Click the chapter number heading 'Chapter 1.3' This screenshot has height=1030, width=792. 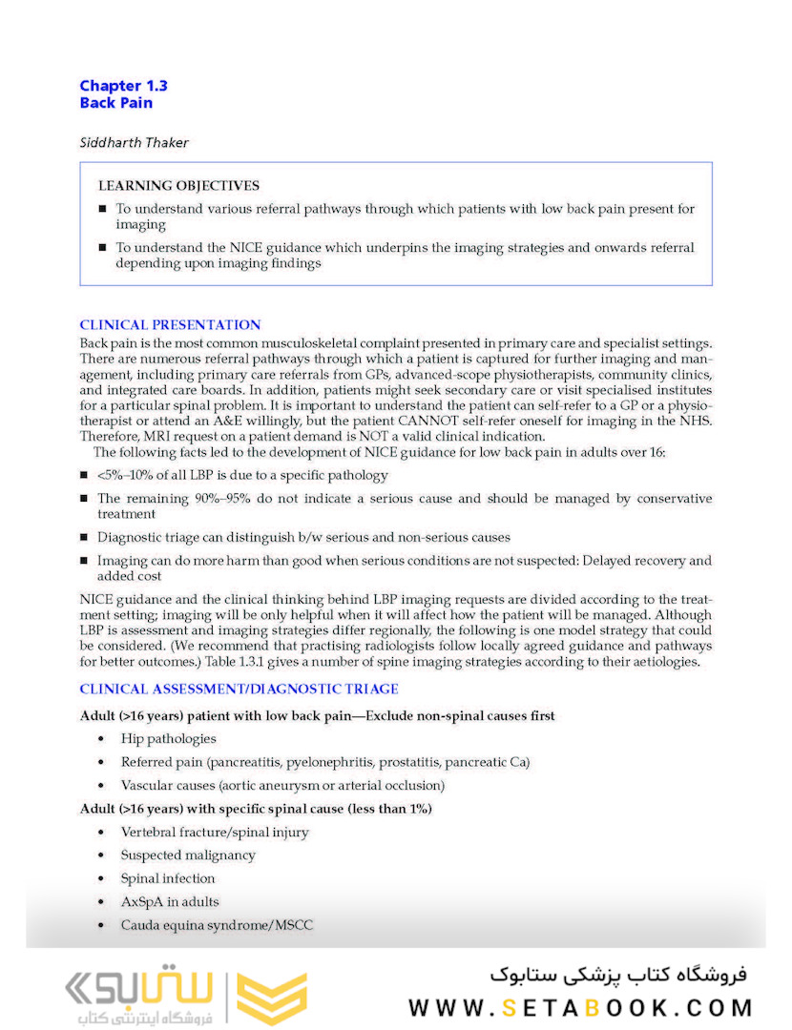(x=123, y=86)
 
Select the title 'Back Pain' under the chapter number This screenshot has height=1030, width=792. (x=115, y=103)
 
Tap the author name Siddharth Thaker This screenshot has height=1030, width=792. (x=134, y=142)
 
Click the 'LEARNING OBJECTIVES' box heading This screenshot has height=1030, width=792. (x=178, y=186)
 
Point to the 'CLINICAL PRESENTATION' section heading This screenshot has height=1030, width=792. (x=170, y=325)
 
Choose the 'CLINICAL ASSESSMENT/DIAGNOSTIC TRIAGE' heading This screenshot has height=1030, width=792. (x=239, y=689)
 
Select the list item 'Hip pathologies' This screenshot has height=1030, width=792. (x=168, y=738)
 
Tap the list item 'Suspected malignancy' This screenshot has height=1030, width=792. (x=188, y=855)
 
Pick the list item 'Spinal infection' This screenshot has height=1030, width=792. (x=168, y=878)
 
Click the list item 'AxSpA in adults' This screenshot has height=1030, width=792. (x=170, y=901)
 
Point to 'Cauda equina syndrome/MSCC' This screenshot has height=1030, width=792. (x=217, y=925)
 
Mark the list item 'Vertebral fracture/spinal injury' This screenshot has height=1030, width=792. (x=215, y=833)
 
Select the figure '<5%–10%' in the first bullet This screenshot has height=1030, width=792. (x=127, y=475)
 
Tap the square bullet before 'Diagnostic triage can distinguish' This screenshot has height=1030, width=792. (x=85, y=538)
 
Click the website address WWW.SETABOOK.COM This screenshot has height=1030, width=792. (x=580, y=1007)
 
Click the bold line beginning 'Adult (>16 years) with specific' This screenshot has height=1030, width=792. (x=256, y=809)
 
